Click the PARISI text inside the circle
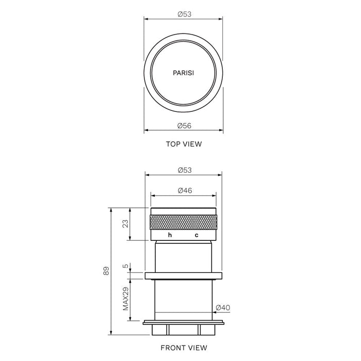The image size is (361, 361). [x=184, y=74]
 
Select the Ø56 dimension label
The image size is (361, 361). [x=184, y=126]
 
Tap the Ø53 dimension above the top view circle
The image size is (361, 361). [x=184, y=14]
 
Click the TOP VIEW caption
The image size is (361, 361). [x=184, y=144]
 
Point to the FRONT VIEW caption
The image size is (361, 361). [x=184, y=348]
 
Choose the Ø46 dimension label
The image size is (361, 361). [x=184, y=190]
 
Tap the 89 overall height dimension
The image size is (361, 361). [x=106, y=271]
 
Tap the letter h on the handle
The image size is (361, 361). [x=170, y=235]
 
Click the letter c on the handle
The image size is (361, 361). [x=196, y=235]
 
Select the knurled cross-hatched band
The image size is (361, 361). [x=184, y=222]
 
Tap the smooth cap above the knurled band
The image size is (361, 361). [x=184, y=210]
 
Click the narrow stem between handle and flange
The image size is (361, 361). [x=184, y=256]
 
